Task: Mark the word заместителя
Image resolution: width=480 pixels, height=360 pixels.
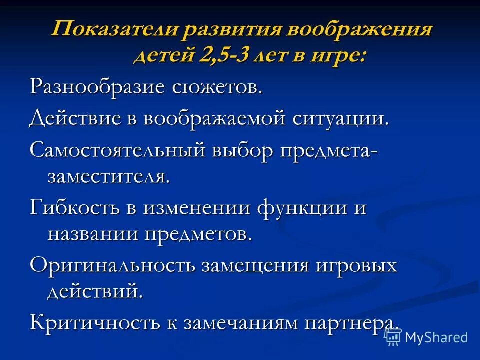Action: (108, 176)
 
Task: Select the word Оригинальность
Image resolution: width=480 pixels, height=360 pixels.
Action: (112, 264)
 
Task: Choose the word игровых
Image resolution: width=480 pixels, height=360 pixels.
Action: (355, 264)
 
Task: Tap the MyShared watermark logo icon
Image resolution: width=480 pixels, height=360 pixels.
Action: (393, 337)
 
